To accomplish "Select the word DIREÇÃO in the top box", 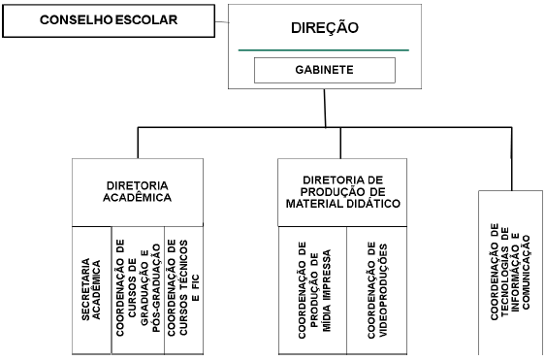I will pyautogui.click(x=325, y=28).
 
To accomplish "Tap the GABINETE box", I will pyautogui.click(x=325, y=71).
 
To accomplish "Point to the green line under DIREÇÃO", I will pyautogui.click(x=325, y=49).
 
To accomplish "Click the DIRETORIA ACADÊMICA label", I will pyautogui.click(x=138, y=190).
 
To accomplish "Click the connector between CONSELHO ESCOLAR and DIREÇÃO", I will pyautogui.click(x=218, y=19).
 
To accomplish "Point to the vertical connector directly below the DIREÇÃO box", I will pyautogui.click(x=325, y=109).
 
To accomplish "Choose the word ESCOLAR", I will pyautogui.click(x=146, y=19).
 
